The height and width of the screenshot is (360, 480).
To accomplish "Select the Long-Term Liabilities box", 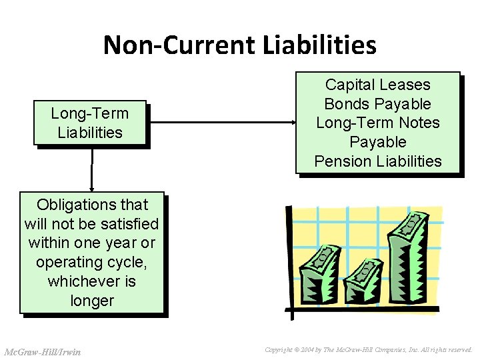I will click(x=90, y=123).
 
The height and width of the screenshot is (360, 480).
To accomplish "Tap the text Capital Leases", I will click(x=377, y=85).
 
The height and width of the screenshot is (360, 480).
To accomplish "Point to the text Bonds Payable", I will click(x=377, y=104).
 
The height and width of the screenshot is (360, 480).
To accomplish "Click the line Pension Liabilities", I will click(x=377, y=161).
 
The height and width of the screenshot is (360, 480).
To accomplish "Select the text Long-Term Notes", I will click(x=377, y=123).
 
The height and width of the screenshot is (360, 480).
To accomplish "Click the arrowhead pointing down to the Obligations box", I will click(x=91, y=189).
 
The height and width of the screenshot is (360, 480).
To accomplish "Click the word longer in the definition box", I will click(x=91, y=301).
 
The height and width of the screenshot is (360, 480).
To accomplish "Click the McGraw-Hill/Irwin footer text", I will click(x=42, y=352).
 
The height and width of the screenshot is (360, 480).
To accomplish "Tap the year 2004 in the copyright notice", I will click(x=308, y=349).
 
